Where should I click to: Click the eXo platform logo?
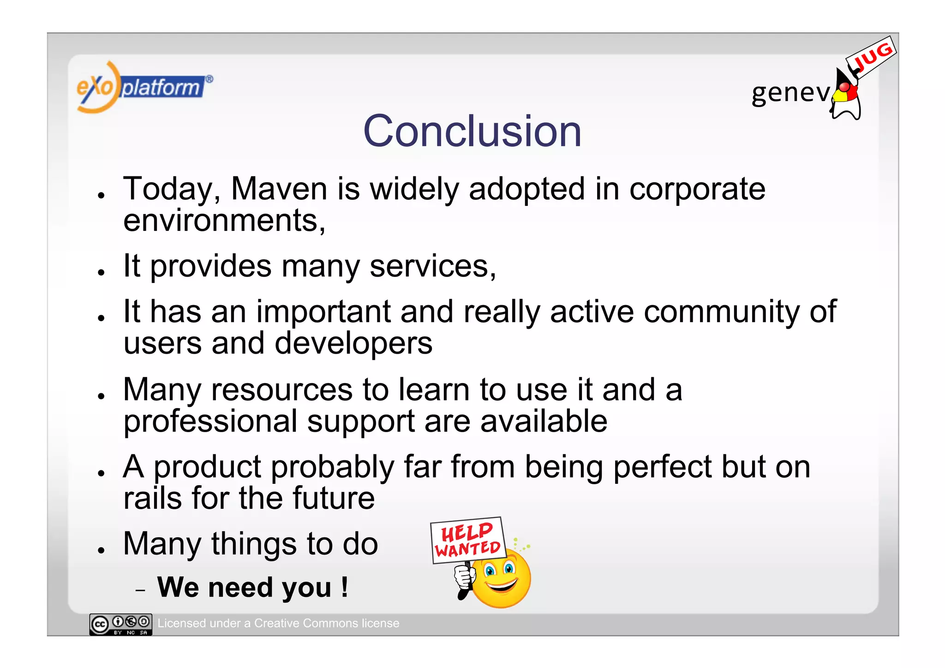click(143, 87)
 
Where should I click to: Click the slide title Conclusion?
click(472, 132)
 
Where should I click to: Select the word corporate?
click(697, 190)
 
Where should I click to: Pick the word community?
click(721, 313)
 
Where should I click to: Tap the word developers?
click(353, 344)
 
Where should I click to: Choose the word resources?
click(281, 390)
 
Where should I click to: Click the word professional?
click(210, 422)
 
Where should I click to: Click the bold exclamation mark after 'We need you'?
click(344, 587)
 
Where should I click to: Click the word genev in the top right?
click(790, 93)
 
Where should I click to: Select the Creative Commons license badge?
click(121, 625)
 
